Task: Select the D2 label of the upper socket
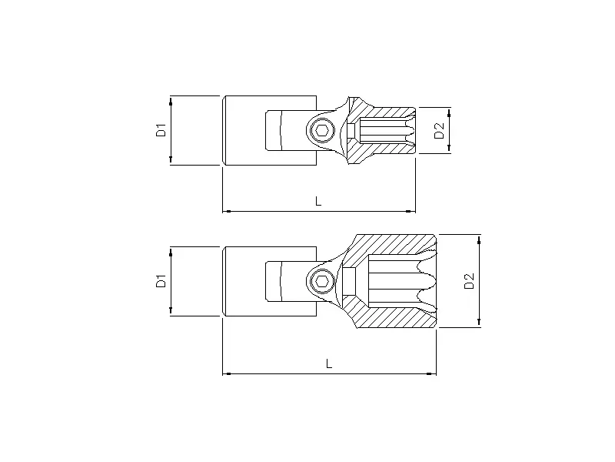tap(439, 129)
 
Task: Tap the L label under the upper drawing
tap(319, 201)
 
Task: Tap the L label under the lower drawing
tap(329, 363)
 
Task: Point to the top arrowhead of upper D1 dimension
tap(171, 100)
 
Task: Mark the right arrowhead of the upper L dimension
tap(411, 210)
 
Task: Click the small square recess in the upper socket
tap(351, 130)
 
